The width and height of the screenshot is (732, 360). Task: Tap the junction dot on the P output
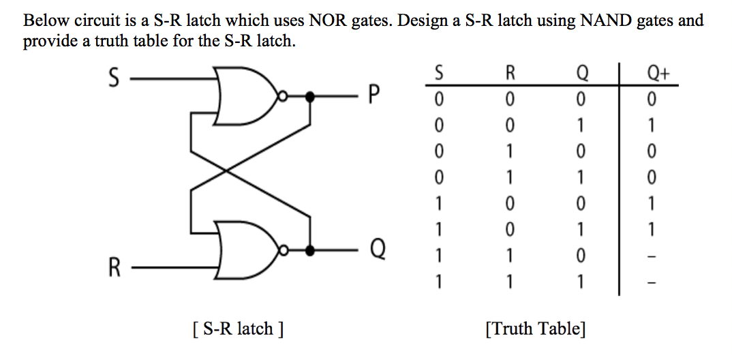tap(311, 97)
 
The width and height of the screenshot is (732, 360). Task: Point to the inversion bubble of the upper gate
tap(281, 97)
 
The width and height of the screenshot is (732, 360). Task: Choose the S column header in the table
tap(439, 72)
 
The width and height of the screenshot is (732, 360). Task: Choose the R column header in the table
tap(510, 72)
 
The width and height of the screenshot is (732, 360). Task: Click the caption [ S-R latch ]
tap(237, 329)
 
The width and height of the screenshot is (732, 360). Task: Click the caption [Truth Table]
tap(535, 329)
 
